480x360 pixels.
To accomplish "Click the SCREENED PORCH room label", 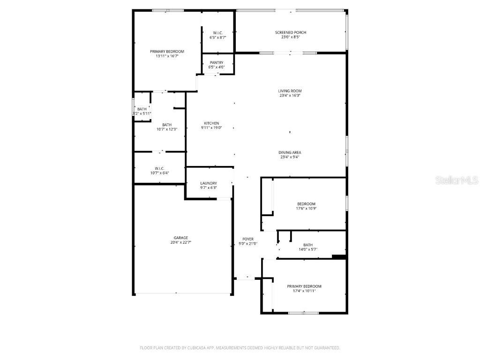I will click(291, 32).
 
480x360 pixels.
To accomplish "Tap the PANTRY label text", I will click(216, 62).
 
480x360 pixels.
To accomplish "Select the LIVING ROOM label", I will click(290, 91).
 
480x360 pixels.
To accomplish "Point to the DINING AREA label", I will click(290, 152).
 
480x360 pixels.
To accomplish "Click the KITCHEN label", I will click(211, 123).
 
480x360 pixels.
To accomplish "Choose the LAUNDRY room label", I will click(208, 183).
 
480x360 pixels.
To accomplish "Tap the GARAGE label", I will click(181, 238).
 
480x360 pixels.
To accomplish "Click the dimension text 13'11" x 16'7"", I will click(167, 56).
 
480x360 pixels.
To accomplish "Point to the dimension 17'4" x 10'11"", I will click(304, 291).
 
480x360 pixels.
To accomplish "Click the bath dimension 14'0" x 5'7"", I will click(308, 249).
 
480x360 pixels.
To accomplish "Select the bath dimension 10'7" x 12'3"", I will click(167, 129).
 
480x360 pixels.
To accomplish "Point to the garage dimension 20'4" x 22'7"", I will click(181, 243).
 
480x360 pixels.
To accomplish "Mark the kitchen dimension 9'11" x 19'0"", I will click(211, 128).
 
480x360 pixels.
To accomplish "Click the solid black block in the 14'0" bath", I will click(338, 256).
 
